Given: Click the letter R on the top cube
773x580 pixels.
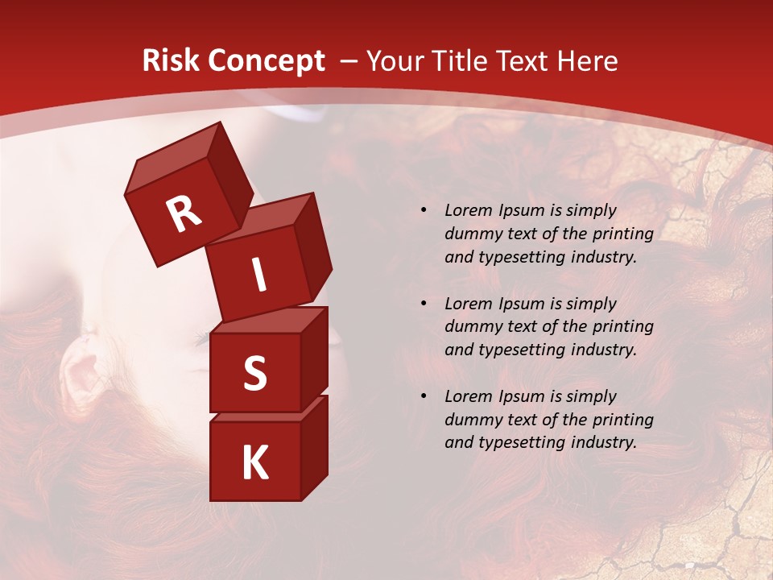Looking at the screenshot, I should (184, 215).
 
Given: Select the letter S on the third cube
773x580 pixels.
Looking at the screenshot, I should (254, 373).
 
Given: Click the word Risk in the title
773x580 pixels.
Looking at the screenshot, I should (167, 60).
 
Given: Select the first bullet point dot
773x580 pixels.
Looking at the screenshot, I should (424, 211).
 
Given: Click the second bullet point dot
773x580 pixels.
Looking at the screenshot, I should (424, 304).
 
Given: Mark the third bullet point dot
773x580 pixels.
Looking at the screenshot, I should (424, 396).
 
